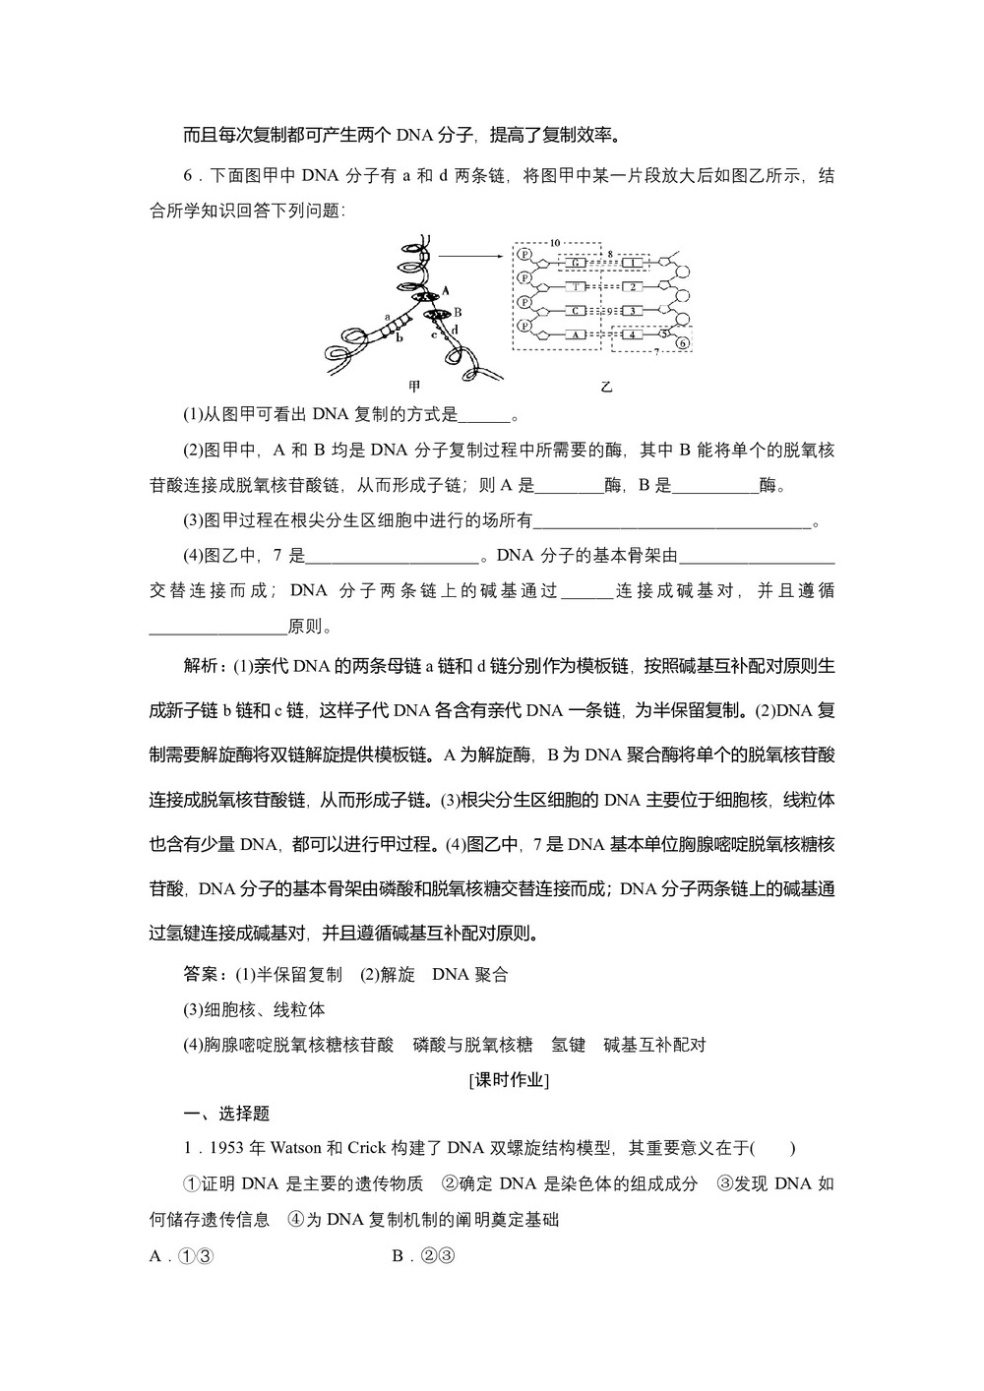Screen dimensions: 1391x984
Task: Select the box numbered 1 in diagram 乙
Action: pyautogui.click(x=635, y=264)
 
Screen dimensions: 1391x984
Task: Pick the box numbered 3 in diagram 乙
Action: pyautogui.click(x=635, y=310)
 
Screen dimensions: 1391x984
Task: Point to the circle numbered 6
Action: pyautogui.click(x=683, y=342)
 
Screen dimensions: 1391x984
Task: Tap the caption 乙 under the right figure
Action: pyautogui.click(x=606, y=387)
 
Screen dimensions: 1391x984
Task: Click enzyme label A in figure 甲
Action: pyautogui.click(x=445, y=290)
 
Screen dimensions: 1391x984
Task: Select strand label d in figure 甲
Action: pyautogui.click(x=454, y=329)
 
